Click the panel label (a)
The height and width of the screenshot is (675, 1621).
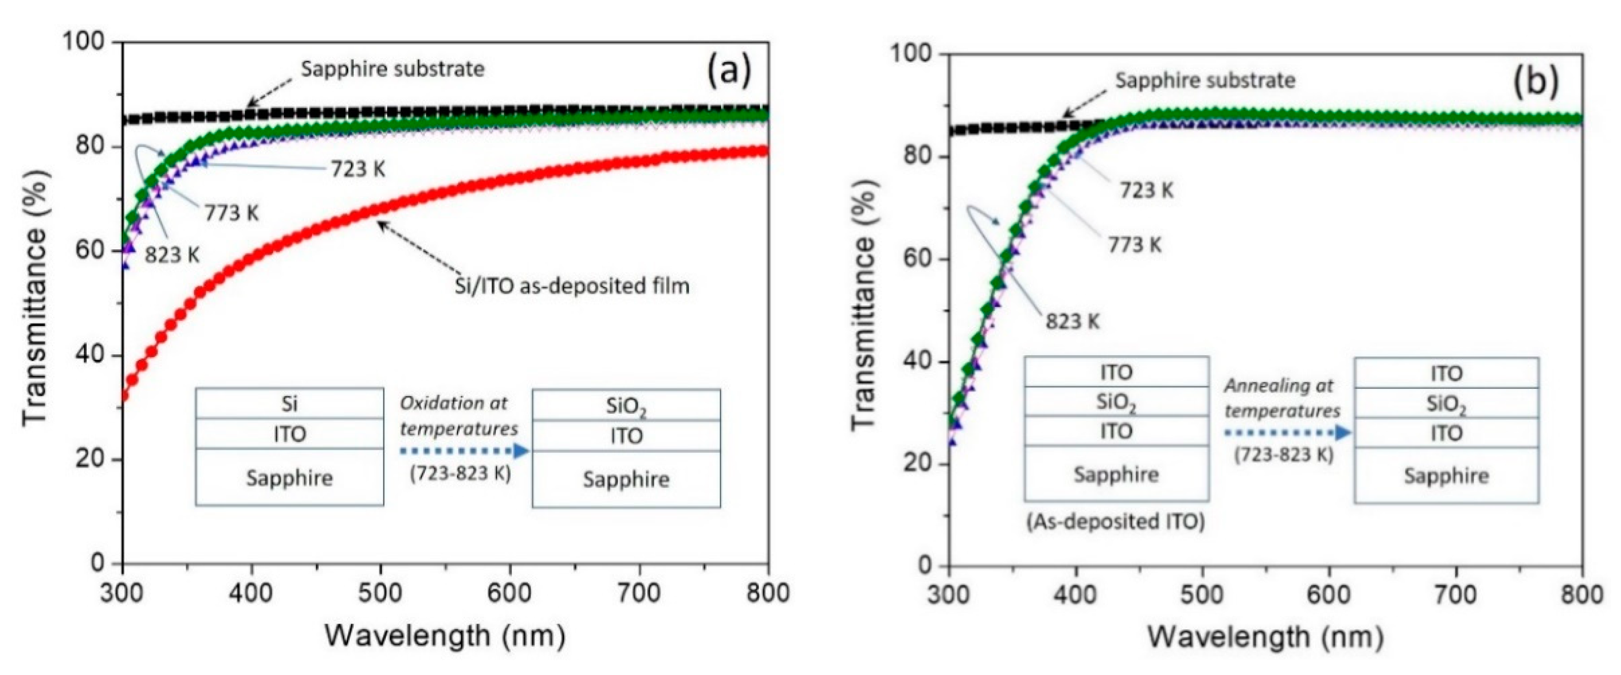(x=729, y=71)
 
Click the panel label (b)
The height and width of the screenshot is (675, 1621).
(x=1535, y=82)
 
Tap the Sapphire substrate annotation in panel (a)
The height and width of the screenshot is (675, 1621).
(x=393, y=69)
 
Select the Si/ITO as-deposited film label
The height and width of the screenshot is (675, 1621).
(x=572, y=286)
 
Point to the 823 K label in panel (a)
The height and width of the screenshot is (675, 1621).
(x=172, y=255)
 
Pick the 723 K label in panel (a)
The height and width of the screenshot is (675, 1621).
(x=358, y=169)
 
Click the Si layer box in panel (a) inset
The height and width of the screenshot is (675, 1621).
(x=290, y=403)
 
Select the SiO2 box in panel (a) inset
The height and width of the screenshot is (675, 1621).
(x=626, y=406)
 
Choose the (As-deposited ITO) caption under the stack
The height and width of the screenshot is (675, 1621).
(x=1115, y=522)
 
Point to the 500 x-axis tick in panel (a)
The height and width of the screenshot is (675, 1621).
(x=381, y=593)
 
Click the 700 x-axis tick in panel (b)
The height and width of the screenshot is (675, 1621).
(x=1455, y=595)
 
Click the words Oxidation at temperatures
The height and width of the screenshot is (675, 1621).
(x=459, y=416)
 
